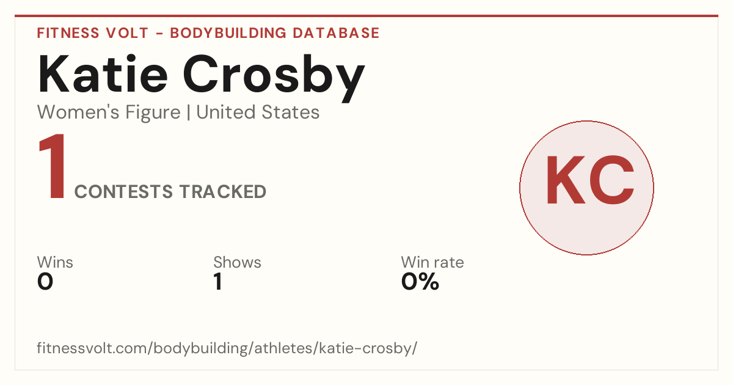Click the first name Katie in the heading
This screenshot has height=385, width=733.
pyautogui.click(x=103, y=74)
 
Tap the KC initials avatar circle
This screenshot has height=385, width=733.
pyautogui.click(x=587, y=188)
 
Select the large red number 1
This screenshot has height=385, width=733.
pyautogui.click(x=53, y=166)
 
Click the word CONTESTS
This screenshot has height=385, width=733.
pyautogui.click(x=123, y=191)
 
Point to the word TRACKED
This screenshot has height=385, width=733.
pyautogui.click(x=223, y=191)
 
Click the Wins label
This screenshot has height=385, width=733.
pyautogui.click(x=55, y=262)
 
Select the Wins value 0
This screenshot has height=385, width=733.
pyautogui.click(x=45, y=282)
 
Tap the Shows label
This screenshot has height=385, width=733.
pyautogui.click(x=237, y=262)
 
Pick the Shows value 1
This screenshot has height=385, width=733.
pyautogui.click(x=218, y=282)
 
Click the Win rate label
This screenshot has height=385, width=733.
pyautogui.click(x=432, y=262)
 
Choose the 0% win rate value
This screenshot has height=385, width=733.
pyautogui.click(x=420, y=282)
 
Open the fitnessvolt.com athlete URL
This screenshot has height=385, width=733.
pyautogui.click(x=227, y=348)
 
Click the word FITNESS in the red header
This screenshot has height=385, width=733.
pyautogui.click(x=68, y=33)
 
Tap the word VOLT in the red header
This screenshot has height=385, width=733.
pyautogui.click(x=127, y=33)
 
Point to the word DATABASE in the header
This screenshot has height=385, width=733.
pyautogui.click(x=336, y=33)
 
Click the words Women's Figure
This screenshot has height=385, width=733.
pyautogui.click(x=109, y=112)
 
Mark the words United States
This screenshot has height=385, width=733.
pyautogui.click(x=258, y=112)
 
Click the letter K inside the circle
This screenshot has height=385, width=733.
pyautogui.click(x=566, y=180)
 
